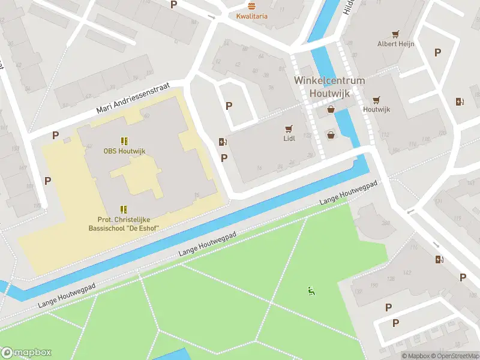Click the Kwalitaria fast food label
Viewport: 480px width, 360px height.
click(252, 16)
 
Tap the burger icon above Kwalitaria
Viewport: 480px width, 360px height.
click(252, 5)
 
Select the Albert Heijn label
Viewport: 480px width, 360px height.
click(395, 44)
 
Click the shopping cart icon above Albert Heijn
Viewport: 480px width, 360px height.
click(395, 34)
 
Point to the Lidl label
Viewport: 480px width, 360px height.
click(289, 139)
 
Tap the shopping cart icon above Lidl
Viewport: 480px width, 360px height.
click(289, 128)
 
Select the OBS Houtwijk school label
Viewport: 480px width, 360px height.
click(124, 151)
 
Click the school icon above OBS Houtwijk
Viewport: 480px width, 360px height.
click(124, 141)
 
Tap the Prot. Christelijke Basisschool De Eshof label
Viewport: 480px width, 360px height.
click(124, 224)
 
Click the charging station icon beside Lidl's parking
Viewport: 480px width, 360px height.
click(223, 142)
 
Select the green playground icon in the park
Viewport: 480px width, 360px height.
click(311, 292)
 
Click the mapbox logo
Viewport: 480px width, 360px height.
click(26, 353)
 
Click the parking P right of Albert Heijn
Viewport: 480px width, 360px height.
click(437, 53)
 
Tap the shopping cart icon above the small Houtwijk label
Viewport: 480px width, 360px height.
click(376, 100)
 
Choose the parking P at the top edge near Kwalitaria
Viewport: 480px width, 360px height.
click(174, 5)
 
